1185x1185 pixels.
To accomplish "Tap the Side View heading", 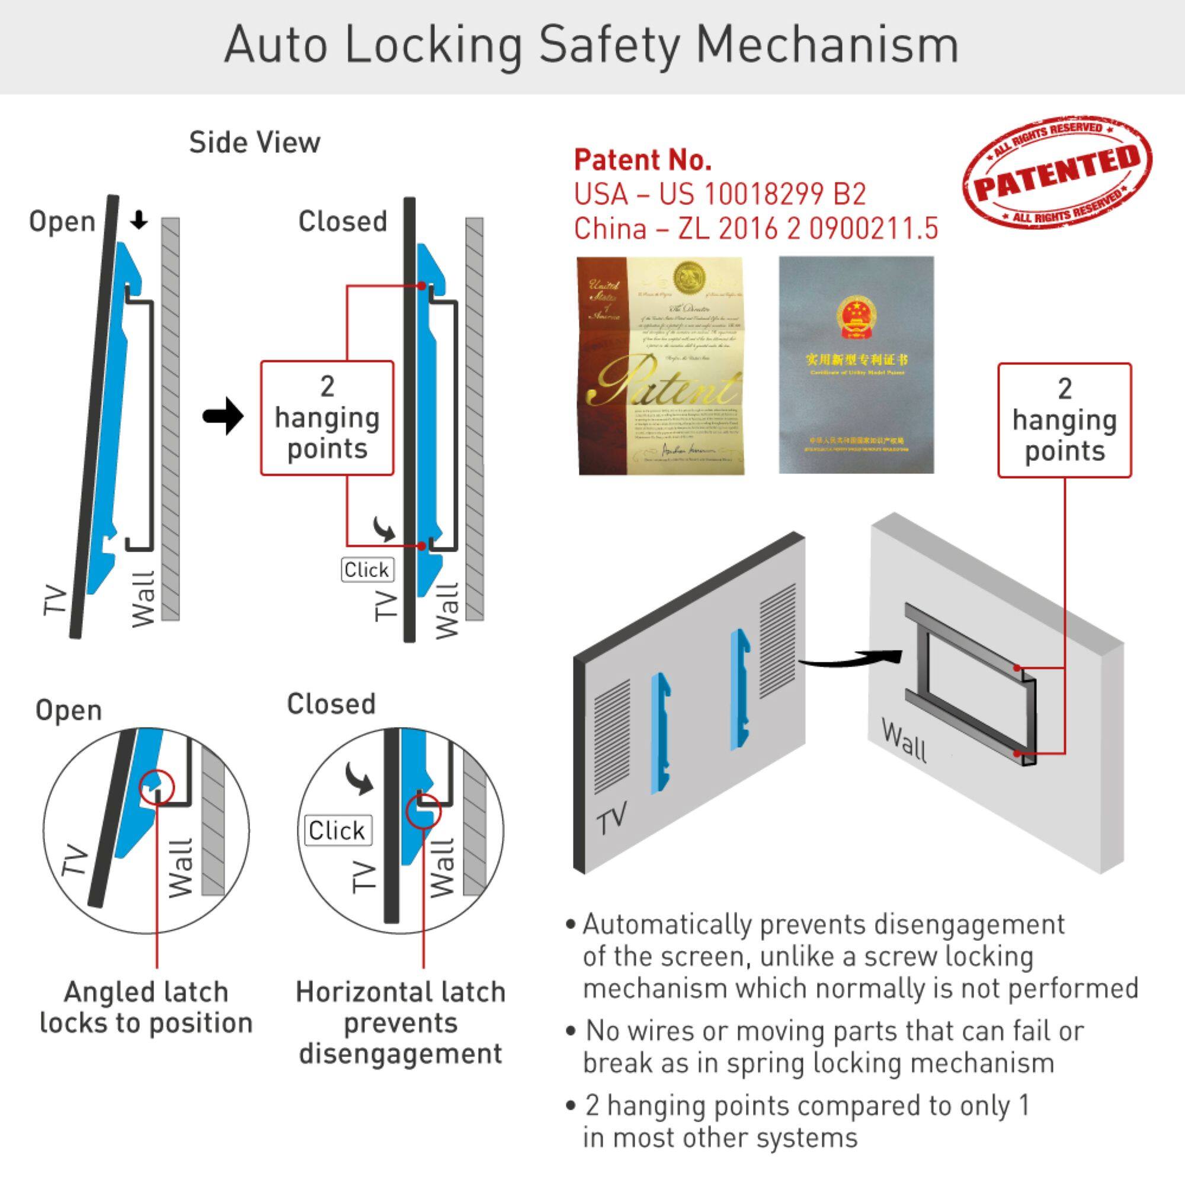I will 254,143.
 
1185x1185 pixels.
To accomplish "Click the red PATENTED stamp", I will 1057,172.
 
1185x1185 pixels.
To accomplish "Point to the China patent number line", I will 755,229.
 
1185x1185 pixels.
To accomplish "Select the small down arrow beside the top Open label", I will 140,220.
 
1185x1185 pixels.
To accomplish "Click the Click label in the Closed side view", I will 367,570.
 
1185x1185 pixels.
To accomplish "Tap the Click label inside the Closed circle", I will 337,831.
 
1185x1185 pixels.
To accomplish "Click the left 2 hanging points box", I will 327,418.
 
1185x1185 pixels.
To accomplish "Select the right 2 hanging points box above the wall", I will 1064,420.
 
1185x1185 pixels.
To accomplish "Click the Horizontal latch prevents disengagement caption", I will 401,1023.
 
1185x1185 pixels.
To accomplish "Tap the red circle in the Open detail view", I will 157,786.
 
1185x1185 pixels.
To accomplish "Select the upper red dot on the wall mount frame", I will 1017,668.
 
